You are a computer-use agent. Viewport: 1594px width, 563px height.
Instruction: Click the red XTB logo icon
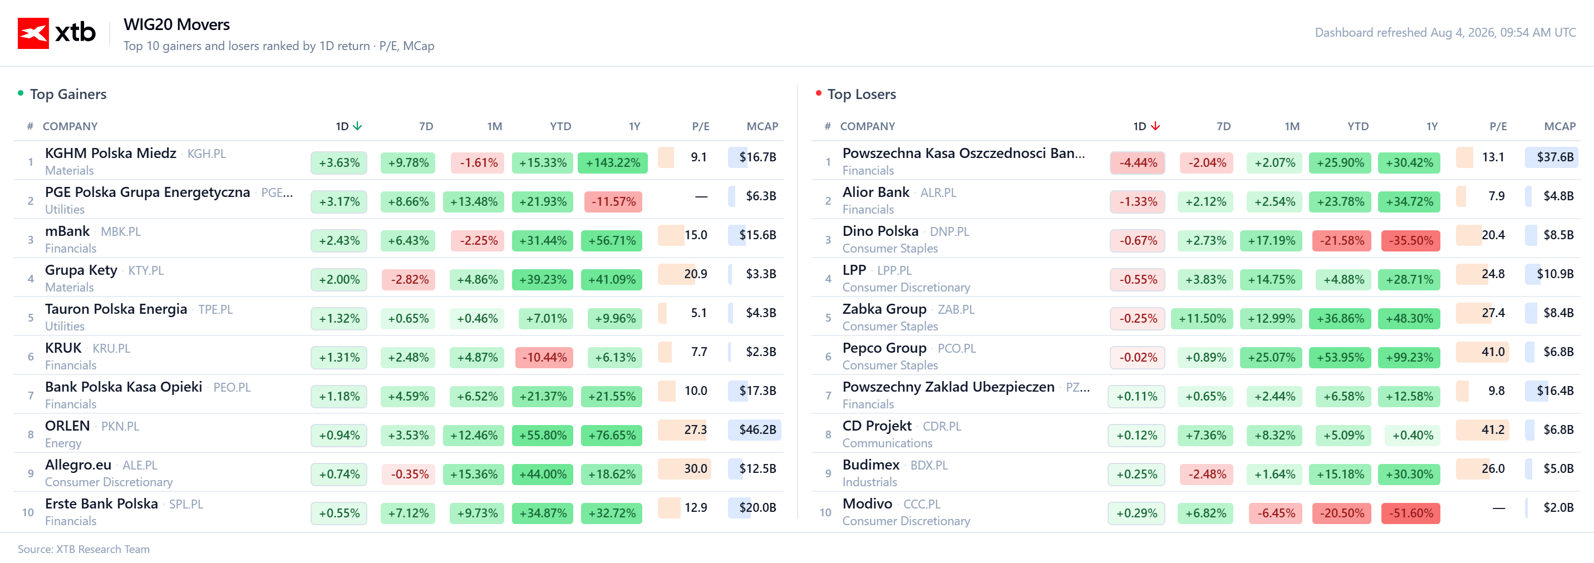point(33,33)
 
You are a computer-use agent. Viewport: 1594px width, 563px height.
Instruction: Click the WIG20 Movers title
point(176,24)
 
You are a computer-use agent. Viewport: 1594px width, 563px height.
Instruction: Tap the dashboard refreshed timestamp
point(1445,32)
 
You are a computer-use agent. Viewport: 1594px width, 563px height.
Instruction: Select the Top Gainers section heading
point(68,94)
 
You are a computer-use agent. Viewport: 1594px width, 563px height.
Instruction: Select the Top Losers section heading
point(862,94)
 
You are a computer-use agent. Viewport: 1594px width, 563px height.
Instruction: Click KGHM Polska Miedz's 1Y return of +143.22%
point(613,162)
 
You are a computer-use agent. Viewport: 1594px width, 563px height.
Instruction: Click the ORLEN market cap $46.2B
point(757,429)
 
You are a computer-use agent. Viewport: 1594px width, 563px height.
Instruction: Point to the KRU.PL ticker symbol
point(111,348)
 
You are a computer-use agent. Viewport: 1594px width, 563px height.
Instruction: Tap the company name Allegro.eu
point(78,465)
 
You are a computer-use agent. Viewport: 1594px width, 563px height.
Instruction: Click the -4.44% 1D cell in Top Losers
point(1137,162)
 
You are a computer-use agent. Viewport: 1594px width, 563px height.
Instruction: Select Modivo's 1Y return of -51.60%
point(1411,513)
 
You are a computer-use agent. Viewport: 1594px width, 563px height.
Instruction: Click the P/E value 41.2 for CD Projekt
point(1493,429)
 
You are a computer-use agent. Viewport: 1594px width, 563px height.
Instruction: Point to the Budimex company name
point(870,465)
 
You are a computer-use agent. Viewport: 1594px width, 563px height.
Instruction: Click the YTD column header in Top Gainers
point(560,126)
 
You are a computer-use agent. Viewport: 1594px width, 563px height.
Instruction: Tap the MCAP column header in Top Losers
point(1559,126)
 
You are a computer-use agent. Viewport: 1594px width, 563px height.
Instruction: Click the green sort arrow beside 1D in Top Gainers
point(357,126)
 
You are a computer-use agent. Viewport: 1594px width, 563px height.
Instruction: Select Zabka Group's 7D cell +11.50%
point(1202,319)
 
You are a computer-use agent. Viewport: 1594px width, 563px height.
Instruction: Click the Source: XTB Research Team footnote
point(83,549)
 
